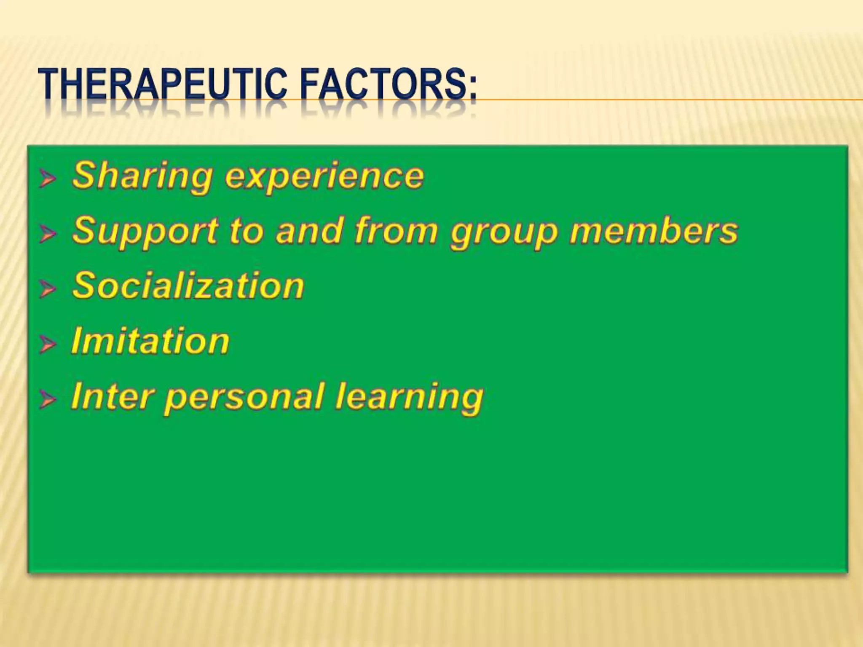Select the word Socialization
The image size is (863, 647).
click(x=188, y=286)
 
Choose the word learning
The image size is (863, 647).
click(x=409, y=398)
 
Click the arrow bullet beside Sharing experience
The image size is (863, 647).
click(x=47, y=179)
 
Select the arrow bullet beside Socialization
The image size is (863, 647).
click(x=47, y=289)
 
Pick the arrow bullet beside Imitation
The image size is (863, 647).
click(x=47, y=344)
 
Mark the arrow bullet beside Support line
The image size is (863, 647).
click(x=47, y=234)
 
